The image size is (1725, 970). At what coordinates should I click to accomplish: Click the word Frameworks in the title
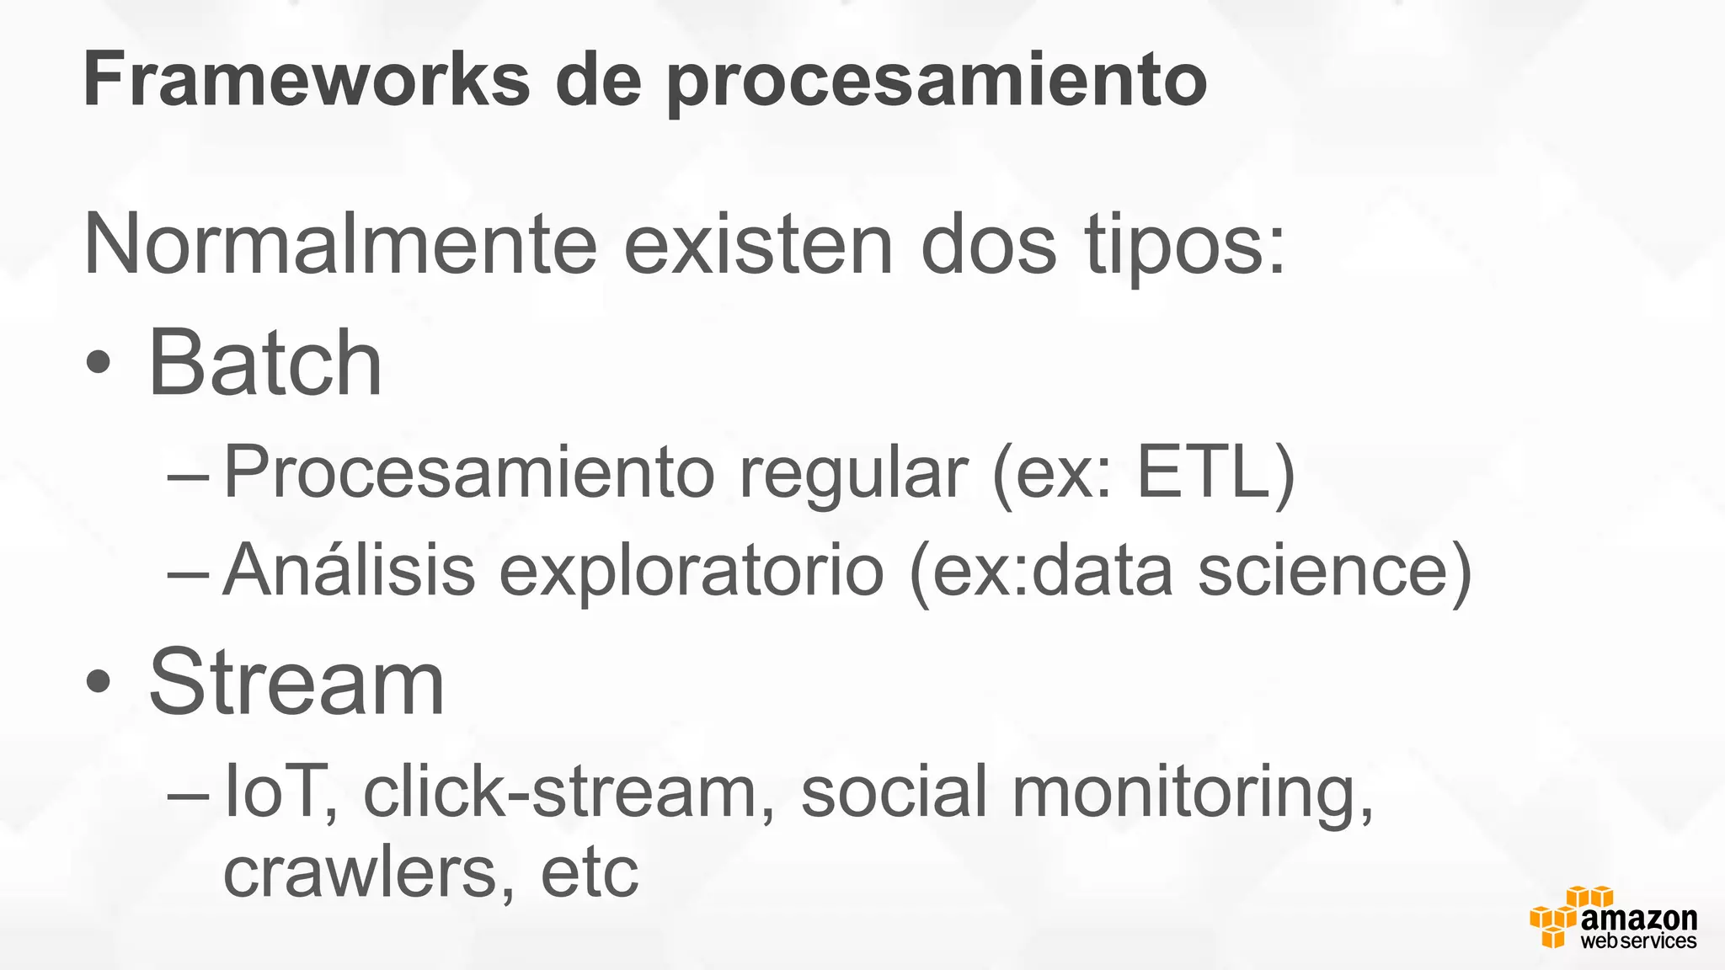pyautogui.click(x=307, y=80)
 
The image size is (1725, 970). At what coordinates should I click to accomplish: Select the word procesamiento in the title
pyautogui.click(x=937, y=82)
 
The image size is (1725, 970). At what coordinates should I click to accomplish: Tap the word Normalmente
pyautogui.click(x=340, y=244)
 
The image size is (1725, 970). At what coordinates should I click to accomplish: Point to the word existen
pyautogui.click(x=757, y=244)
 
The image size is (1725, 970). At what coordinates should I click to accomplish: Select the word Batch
pyautogui.click(x=264, y=363)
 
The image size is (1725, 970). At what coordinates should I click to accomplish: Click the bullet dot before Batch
pyautogui.click(x=99, y=364)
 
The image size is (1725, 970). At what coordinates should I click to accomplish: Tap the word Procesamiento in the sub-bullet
pyautogui.click(x=468, y=472)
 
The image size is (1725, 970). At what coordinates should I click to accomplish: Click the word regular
pyautogui.click(x=853, y=476)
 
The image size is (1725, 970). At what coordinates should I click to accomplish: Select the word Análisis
pyautogui.click(x=349, y=570)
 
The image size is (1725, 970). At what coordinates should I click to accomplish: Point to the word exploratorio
pyautogui.click(x=691, y=573)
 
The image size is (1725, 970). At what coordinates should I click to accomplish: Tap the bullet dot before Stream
pyautogui.click(x=99, y=681)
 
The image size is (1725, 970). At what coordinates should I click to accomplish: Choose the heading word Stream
pyautogui.click(x=296, y=681)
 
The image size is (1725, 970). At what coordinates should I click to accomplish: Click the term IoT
pyautogui.click(x=275, y=791)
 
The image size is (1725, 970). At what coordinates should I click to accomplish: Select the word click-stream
pyautogui.click(x=559, y=791)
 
